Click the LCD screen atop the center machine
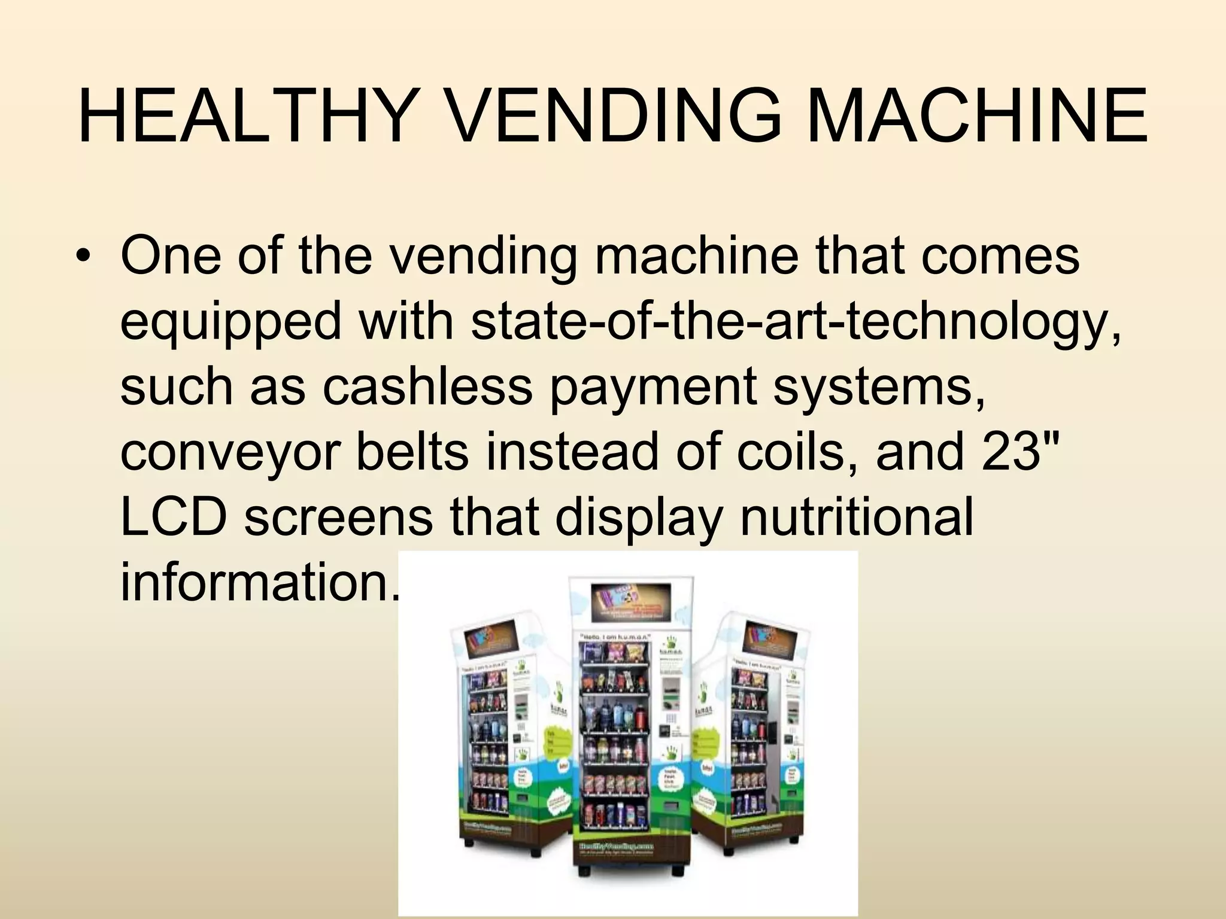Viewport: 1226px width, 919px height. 631,602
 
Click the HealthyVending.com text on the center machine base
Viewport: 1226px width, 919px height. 616,847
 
